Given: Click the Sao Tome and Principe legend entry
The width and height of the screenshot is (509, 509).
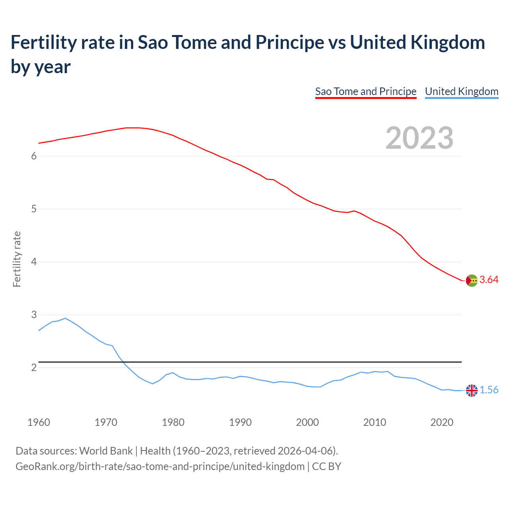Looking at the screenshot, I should point(365,91).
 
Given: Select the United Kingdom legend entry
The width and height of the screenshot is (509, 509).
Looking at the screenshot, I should point(461,91).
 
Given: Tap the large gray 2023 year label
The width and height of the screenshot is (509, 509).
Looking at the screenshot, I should point(420,138).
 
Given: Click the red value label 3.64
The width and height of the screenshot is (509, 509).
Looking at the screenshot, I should point(489,280).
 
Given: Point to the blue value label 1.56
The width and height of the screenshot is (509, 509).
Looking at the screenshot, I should point(489,390).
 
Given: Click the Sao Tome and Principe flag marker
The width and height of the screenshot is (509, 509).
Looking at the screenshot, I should point(472,280).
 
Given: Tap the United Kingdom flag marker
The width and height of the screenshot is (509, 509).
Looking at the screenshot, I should point(472,390).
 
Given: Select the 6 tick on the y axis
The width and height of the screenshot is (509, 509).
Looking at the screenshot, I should point(34,156).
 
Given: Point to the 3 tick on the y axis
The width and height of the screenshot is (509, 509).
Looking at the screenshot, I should point(34,315).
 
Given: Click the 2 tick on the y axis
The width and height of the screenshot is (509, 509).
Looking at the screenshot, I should point(34,367).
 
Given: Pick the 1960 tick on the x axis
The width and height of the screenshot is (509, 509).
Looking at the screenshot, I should point(39,422).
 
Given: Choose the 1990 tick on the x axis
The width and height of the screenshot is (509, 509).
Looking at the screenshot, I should point(240,422).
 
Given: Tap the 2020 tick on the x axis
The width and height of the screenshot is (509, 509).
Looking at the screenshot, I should point(442,422).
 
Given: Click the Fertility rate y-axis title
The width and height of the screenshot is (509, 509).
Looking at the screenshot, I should point(17,259).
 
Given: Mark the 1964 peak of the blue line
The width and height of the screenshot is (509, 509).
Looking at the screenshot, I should point(65,318).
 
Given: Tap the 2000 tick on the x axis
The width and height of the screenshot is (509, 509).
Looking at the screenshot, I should point(307,422).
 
